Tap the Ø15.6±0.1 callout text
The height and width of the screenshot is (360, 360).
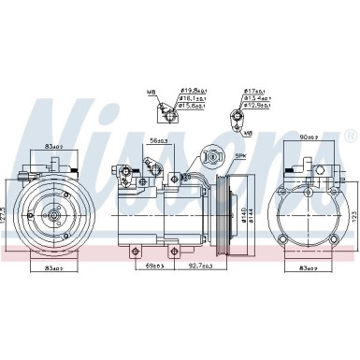point(193,107)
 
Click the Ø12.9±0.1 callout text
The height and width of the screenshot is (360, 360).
point(257,107)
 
